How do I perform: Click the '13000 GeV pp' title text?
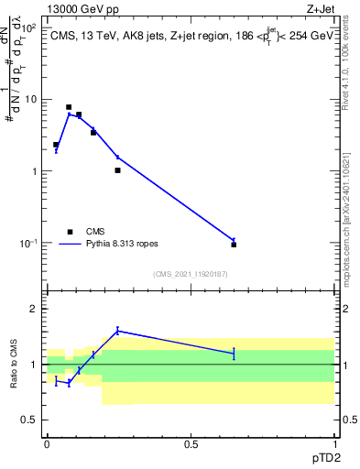80,7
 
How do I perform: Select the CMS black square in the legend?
69,232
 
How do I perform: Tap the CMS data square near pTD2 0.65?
234,245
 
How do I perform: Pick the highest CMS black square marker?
69,107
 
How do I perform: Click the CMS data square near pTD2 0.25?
117,170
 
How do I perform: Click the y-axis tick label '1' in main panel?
34,171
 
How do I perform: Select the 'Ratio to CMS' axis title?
14,364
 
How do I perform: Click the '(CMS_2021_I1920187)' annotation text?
191,274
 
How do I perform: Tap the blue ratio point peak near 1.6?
117,331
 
